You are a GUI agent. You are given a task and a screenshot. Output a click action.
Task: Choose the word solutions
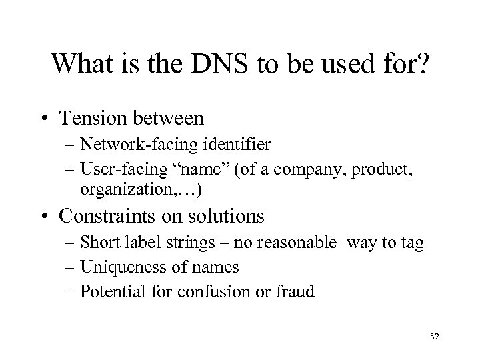[x=227, y=217]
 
